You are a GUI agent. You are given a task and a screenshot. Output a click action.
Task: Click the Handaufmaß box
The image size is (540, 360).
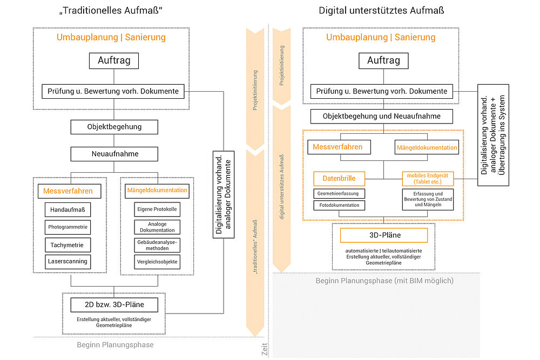click(x=67, y=209)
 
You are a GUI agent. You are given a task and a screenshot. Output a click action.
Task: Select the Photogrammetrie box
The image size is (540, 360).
click(x=67, y=227)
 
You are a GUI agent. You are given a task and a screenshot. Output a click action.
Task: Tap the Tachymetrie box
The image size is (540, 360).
click(x=67, y=245)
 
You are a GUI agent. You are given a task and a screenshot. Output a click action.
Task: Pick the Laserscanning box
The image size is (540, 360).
click(x=67, y=262)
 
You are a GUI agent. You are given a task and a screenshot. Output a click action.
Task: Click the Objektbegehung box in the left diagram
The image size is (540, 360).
click(x=114, y=127)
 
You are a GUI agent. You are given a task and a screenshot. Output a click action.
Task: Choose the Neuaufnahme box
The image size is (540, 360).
click(x=114, y=154)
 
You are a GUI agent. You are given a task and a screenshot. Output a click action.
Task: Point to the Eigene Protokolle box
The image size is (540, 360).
click(x=156, y=209)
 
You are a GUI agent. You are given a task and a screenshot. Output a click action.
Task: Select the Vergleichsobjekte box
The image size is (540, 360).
click(x=156, y=262)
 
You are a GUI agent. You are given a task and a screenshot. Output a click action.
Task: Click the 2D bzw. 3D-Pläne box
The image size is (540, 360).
click(x=114, y=305)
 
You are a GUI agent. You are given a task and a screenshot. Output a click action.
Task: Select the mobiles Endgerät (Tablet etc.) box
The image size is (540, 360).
click(x=427, y=179)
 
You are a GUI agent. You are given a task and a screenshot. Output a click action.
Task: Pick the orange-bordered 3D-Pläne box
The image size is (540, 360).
click(x=383, y=235)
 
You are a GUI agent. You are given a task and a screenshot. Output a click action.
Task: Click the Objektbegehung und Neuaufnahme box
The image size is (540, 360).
click(x=382, y=116)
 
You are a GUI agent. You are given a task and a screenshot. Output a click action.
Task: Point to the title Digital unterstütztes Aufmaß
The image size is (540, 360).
click(x=381, y=10)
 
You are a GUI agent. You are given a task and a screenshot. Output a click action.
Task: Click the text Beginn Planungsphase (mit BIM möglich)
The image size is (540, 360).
click(x=384, y=281)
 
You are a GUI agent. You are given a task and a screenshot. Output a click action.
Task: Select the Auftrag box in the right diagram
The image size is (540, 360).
click(x=383, y=60)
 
